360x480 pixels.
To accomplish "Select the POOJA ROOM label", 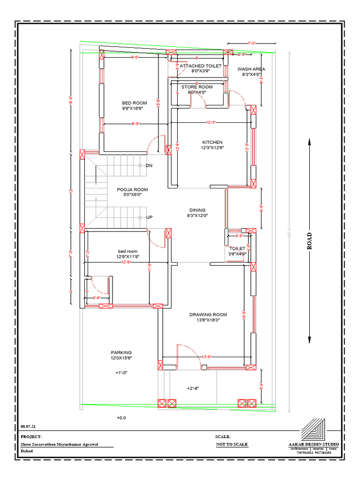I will click(x=132, y=190).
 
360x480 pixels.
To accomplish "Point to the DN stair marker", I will click(x=149, y=165).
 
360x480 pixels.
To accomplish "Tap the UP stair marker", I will click(x=149, y=217).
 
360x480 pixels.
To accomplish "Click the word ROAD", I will click(x=309, y=241).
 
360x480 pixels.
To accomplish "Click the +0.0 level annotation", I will click(x=121, y=417).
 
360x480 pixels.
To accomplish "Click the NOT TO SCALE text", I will click(x=232, y=444).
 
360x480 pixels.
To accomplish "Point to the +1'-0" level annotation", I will click(x=121, y=373).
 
